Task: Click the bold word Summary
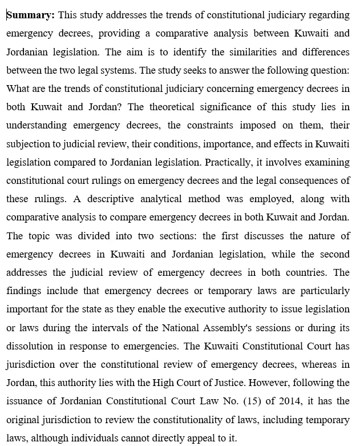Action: tap(30, 15)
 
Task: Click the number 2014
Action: tap(304, 401)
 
